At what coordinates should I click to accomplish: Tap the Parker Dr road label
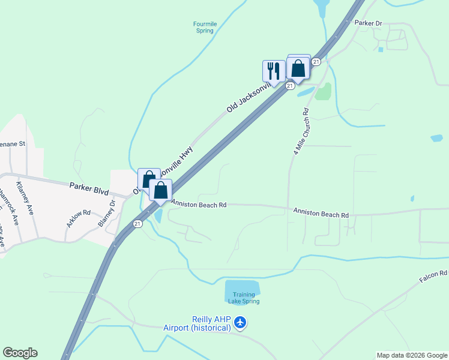tap(368, 23)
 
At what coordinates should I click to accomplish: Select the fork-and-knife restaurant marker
tap(274, 71)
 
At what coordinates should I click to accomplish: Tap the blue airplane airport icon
tap(240, 322)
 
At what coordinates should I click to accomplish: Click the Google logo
tap(20, 353)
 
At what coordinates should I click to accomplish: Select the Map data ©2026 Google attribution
tap(412, 355)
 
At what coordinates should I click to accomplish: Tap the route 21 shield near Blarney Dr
tap(137, 224)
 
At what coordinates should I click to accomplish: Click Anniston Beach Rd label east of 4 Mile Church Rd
tap(321, 213)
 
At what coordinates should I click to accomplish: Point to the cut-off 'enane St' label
tap(13, 144)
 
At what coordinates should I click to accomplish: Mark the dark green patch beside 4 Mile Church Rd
tap(323, 91)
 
